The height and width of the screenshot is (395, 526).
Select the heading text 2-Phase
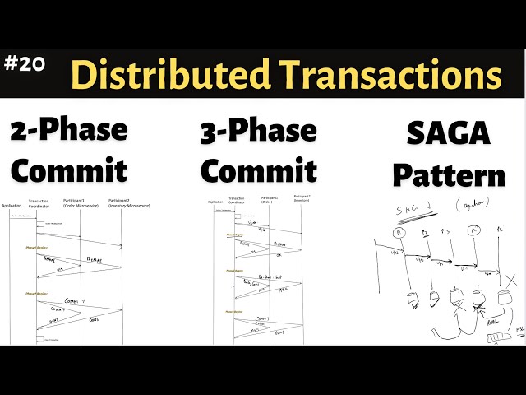69,130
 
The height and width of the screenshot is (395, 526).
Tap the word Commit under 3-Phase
258,170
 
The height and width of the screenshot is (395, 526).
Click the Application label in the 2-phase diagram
11,205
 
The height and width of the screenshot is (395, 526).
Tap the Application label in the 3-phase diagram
215,201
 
